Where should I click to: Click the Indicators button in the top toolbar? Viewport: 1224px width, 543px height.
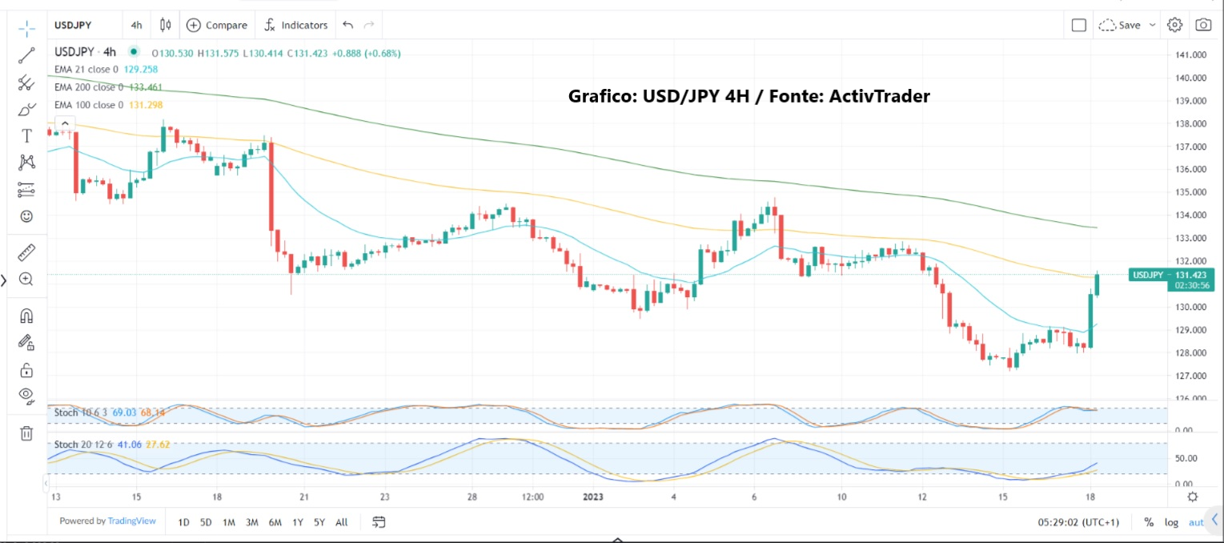coord(296,25)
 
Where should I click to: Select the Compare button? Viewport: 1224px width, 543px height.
coord(217,25)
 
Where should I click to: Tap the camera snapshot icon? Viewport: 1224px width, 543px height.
coord(1203,25)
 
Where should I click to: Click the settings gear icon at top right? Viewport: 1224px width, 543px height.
coord(1174,25)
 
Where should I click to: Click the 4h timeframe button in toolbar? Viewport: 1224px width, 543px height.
coord(136,25)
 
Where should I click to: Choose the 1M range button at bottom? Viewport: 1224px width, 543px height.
coord(229,522)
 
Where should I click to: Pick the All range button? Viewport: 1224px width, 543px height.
coord(342,522)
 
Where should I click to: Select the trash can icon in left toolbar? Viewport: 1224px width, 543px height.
coord(26,433)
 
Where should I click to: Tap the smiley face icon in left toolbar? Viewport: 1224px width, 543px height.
coord(26,216)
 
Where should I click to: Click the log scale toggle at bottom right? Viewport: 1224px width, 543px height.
coord(1171,522)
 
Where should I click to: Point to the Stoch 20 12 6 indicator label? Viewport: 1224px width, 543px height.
coord(78,444)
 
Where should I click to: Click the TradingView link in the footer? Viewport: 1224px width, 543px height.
coord(133,521)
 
